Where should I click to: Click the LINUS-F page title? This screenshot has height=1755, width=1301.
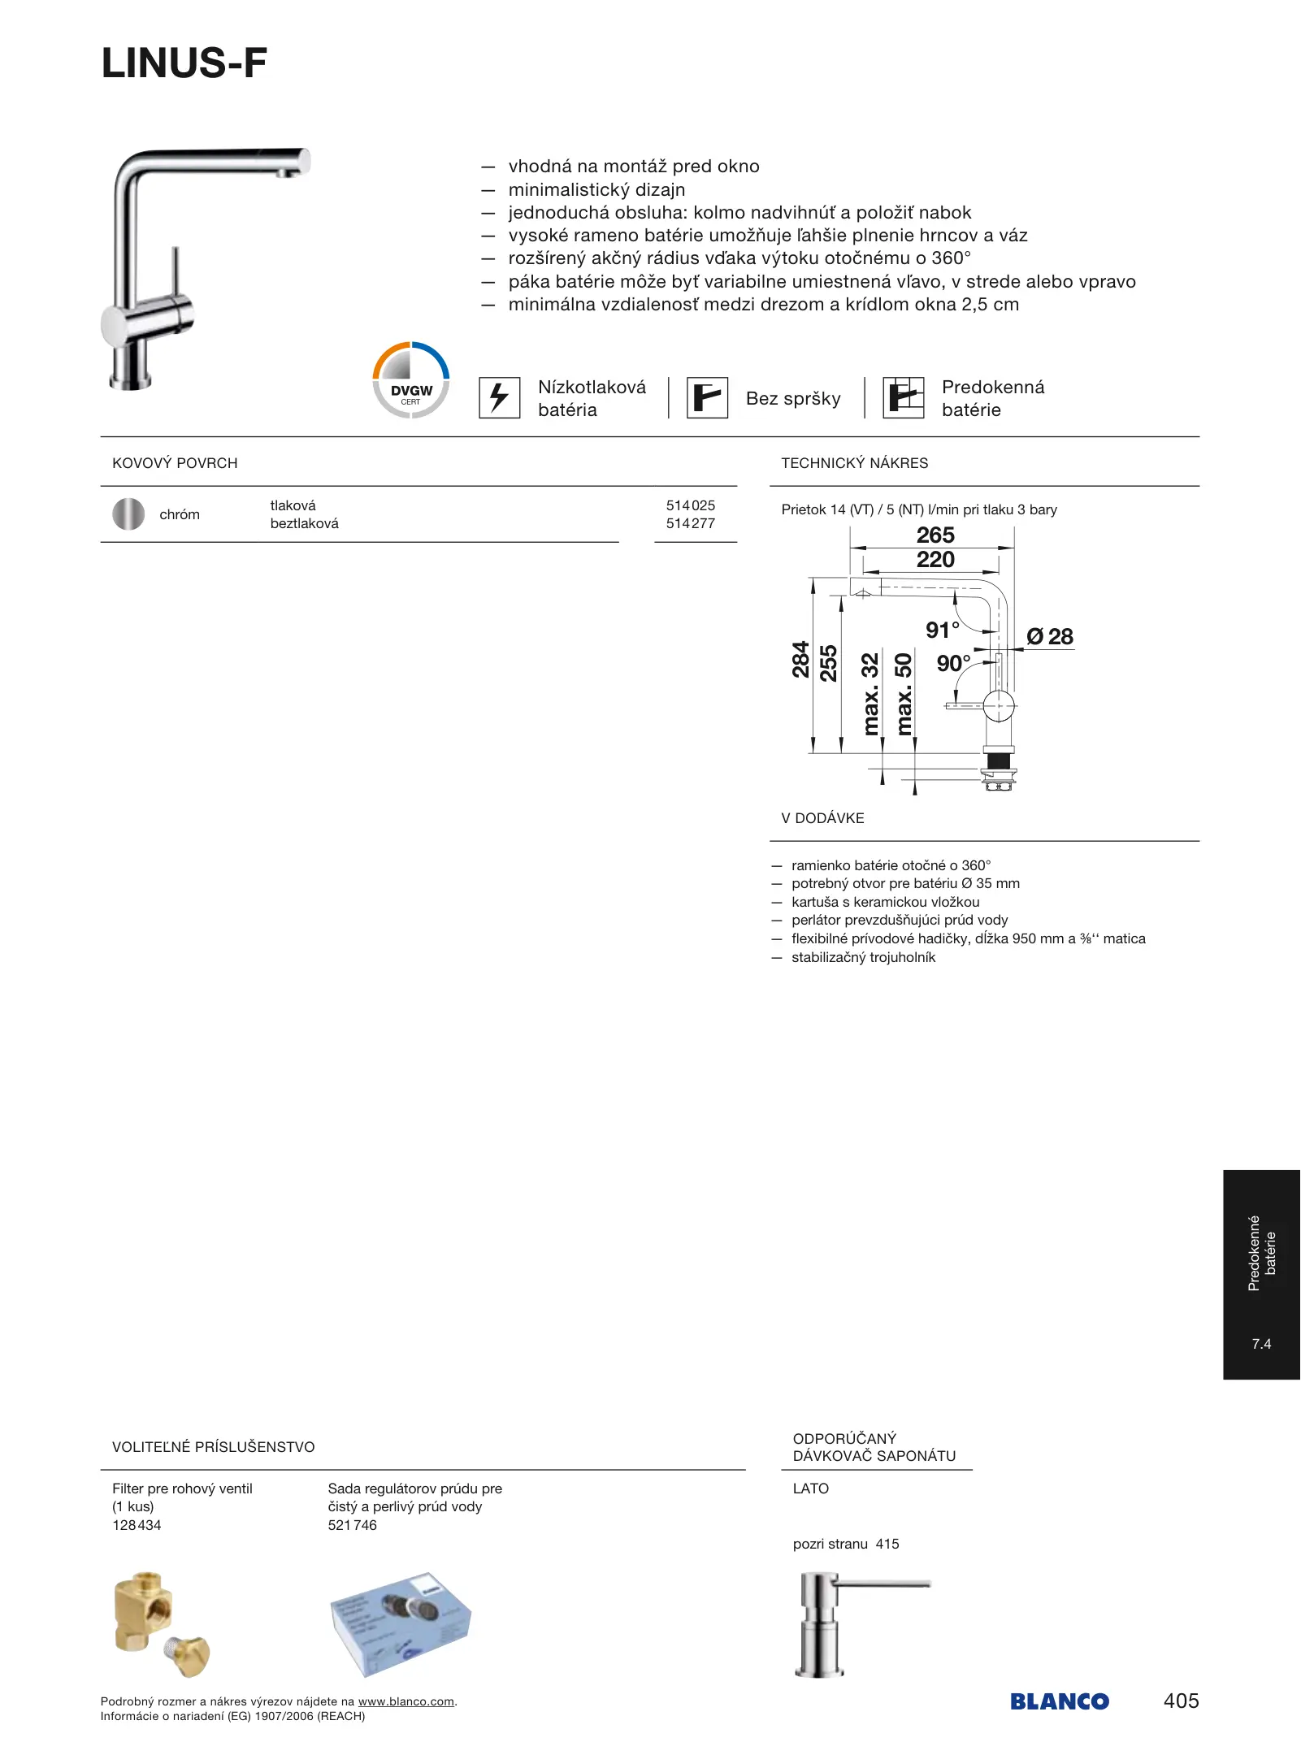point(184,63)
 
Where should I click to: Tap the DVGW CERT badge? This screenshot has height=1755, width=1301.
point(411,380)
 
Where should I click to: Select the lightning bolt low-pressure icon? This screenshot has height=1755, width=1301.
point(499,398)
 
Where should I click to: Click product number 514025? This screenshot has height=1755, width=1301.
point(691,505)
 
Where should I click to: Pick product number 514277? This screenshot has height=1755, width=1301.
point(691,524)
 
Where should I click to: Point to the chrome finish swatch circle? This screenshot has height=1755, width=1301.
point(128,514)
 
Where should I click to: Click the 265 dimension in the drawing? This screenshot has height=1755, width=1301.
point(935,535)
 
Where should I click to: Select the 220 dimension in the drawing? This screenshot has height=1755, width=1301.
point(935,560)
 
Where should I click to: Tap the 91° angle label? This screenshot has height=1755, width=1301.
point(943,630)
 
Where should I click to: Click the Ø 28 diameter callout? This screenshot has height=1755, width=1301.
point(1050,637)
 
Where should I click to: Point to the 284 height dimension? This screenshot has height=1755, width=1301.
point(801,660)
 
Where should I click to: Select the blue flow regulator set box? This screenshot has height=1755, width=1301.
point(401,1623)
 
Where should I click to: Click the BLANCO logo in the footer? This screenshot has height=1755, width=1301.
point(1060,1702)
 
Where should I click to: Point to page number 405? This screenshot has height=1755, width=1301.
point(1181,1701)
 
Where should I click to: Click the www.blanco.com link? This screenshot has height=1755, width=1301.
point(406,1702)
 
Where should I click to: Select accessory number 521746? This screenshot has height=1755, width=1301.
point(353,1526)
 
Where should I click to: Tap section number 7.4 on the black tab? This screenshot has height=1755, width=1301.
point(1261,1345)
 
